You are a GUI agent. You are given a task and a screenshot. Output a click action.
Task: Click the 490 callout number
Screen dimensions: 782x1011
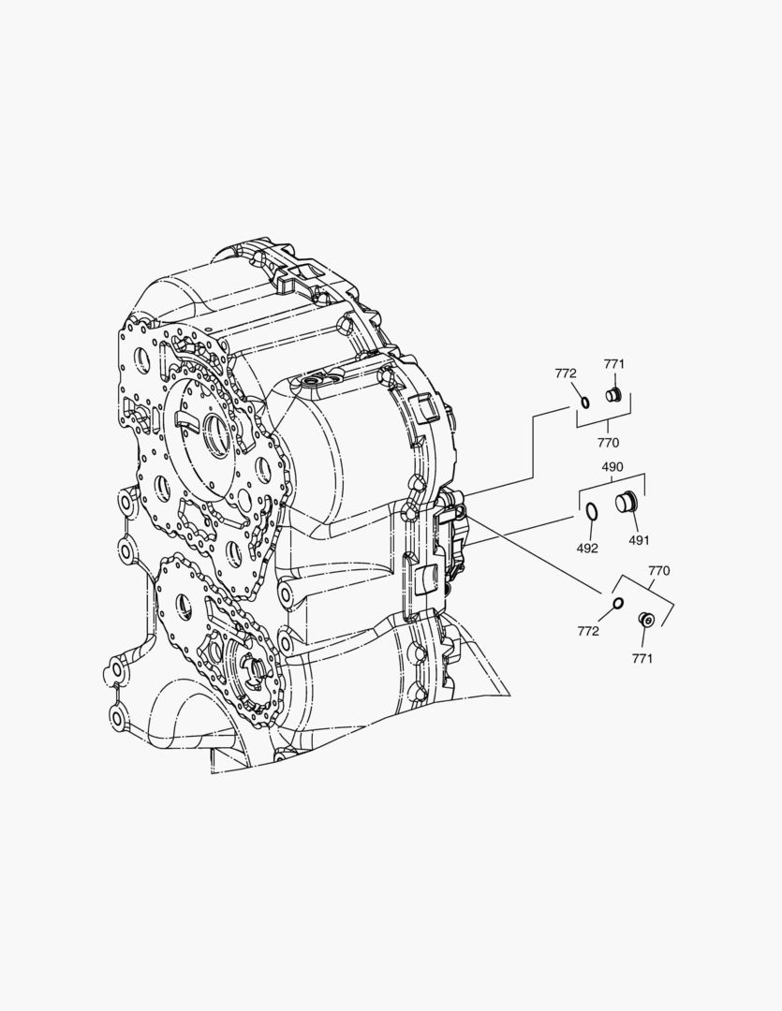click(612, 467)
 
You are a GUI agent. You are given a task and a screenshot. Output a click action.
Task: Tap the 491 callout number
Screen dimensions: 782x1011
click(639, 540)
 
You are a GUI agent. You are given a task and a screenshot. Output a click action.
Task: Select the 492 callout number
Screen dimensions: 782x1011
click(587, 548)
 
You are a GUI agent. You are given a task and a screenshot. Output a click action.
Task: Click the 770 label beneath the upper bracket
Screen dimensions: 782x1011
click(608, 443)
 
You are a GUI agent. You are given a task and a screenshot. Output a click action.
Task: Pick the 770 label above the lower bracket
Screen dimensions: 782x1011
click(658, 571)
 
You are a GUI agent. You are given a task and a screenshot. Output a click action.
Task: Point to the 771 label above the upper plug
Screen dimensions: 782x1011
click(614, 364)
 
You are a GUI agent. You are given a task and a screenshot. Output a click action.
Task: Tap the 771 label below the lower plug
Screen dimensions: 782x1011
click(642, 658)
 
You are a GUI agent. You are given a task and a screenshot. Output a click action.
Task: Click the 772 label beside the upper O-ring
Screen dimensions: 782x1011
click(566, 374)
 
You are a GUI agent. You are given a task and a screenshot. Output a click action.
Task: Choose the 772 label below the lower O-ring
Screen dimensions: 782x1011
click(588, 631)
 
